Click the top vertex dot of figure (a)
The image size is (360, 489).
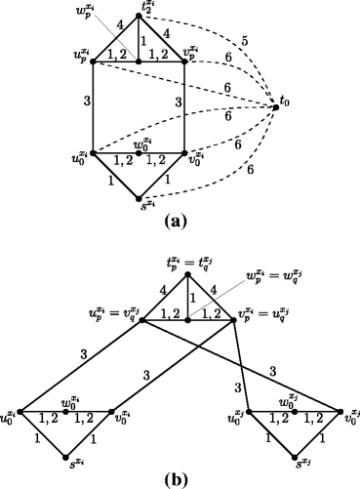pos(139,14)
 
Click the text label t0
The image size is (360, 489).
pos(289,101)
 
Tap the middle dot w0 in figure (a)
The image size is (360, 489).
pos(139,153)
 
